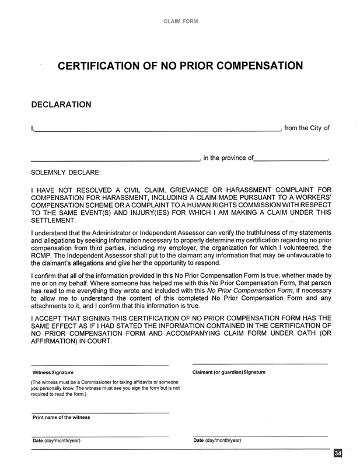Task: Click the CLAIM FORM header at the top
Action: [x=180, y=22]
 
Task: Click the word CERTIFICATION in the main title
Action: [x=102, y=66]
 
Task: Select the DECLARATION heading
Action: [x=61, y=104]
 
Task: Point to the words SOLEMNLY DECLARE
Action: [x=65, y=173]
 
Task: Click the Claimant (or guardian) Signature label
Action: [x=229, y=372]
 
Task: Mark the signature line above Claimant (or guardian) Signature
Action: [x=260, y=365]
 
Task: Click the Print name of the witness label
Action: [x=61, y=417]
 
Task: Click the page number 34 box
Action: [x=338, y=453]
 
